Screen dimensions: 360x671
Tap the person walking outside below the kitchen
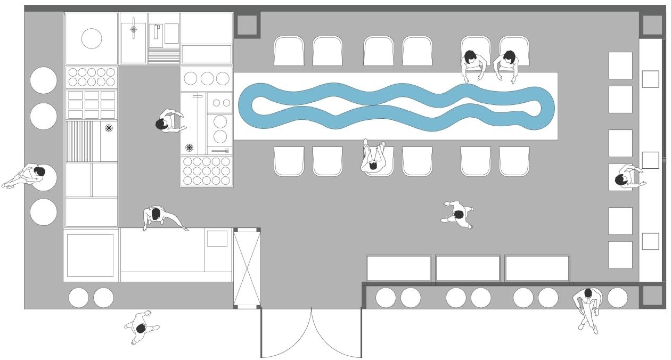pos(141,327)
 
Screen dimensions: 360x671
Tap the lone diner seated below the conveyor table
pos(374,158)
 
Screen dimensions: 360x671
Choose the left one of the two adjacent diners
pos(472,64)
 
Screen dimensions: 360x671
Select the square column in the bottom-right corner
pos(650,296)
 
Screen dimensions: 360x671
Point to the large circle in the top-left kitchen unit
pos(92,39)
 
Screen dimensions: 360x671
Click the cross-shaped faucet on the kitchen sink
pos(133,28)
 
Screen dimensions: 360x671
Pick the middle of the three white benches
pos(468,268)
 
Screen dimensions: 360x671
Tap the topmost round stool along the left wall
pos(44,80)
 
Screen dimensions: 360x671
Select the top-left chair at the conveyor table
pos(289,52)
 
